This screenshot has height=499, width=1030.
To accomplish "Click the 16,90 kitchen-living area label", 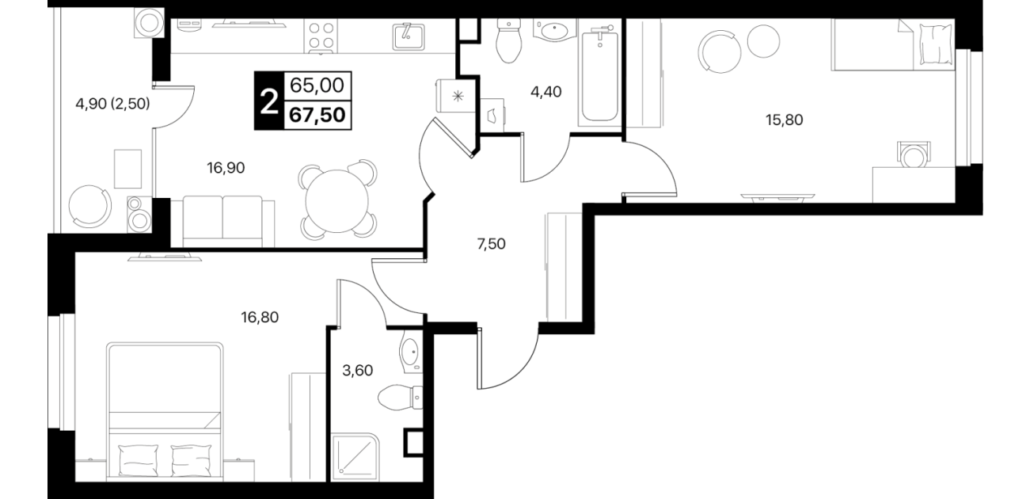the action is [226, 168].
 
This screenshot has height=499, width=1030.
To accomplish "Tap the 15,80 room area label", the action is [784, 120].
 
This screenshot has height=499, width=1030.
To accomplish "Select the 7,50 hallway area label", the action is [491, 244].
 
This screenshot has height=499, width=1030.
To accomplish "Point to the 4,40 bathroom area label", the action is [545, 92].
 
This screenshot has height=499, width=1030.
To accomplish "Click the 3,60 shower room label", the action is [358, 370].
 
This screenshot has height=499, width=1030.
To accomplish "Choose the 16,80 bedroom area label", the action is [260, 318].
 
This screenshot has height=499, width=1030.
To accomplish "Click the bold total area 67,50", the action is [317, 115].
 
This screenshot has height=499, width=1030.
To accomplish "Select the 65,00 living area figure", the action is [317, 86].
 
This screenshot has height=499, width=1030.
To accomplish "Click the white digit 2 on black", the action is [269, 101].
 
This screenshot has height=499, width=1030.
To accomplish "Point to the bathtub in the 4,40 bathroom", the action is [599, 75].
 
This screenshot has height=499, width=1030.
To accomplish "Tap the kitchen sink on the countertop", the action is [409, 36].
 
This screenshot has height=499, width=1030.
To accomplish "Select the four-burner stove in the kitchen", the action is [321, 36].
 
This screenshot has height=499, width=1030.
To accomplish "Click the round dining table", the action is [338, 201].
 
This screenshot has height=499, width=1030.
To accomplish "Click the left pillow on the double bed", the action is [139, 461].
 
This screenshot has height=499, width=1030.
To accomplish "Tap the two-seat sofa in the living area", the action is [222, 221].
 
